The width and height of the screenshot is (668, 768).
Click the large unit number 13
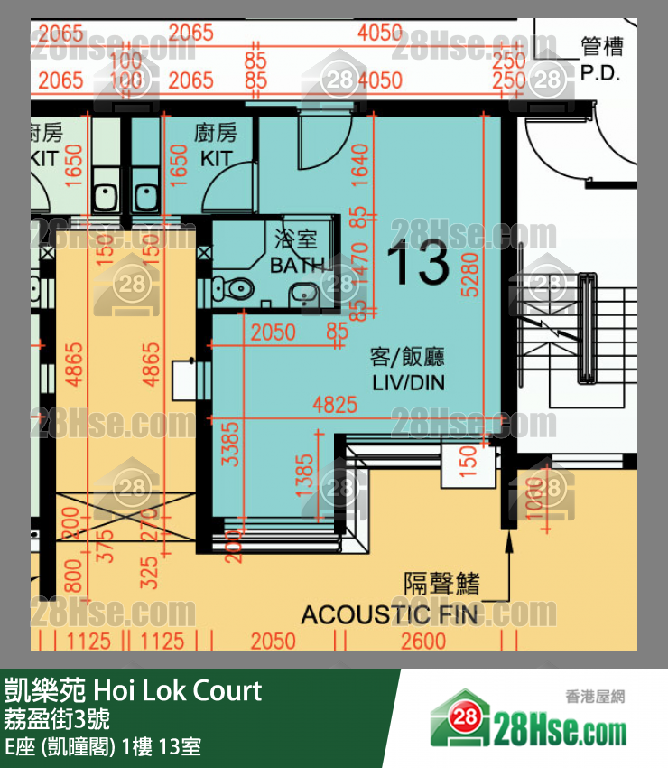tap(418, 264)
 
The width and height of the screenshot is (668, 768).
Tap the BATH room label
tap(298, 265)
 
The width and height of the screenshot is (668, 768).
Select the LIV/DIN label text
tap(409, 382)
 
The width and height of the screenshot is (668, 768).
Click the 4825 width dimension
tap(334, 406)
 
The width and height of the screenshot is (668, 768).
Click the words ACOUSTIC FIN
tap(390, 615)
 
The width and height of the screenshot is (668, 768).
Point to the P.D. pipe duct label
tap(600, 73)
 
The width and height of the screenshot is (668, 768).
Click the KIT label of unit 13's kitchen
tap(216, 158)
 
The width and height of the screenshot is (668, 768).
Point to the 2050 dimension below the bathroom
tap(273, 332)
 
